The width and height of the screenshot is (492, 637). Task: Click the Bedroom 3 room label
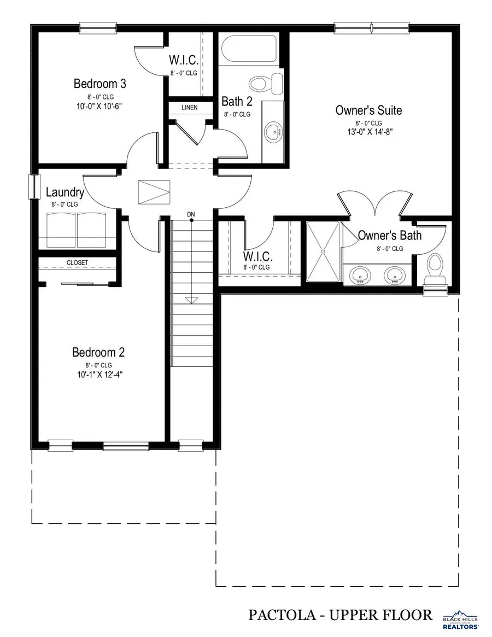pyautogui.click(x=100, y=84)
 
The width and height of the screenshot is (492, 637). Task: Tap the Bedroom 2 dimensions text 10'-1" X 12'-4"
pyautogui.click(x=98, y=375)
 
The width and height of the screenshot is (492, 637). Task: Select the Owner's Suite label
pyautogui.click(x=368, y=110)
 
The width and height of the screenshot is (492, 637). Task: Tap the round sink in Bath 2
pyautogui.click(x=272, y=131)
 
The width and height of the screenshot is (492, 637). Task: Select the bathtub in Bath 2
pyautogui.click(x=249, y=50)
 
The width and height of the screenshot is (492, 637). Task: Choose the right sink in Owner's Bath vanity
pyautogui.click(x=394, y=275)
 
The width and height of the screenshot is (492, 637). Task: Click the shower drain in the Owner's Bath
pyautogui.click(x=323, y=252)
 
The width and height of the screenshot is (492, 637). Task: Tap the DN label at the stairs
pyautogui.click(x=191, y=213)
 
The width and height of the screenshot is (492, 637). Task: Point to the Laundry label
pyautogui.click(x=65, y=192)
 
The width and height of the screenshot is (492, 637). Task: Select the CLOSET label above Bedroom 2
pyautogui.click(x=77, y=262)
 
